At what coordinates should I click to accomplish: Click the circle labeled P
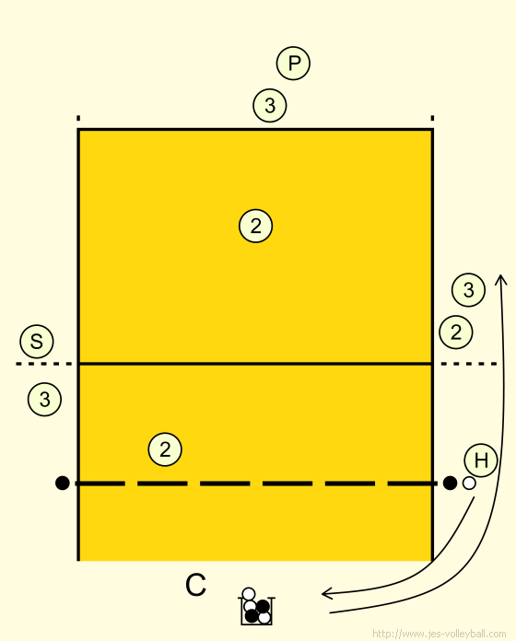point(293,64)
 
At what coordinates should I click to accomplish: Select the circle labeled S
point(37,342)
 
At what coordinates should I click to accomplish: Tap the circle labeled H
point(481,460)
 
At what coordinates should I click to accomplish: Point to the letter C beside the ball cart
point(195,585)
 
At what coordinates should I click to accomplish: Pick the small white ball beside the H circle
point(469,484)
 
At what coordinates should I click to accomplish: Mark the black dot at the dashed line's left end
point(62,484)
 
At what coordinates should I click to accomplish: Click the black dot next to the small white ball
point(450,483)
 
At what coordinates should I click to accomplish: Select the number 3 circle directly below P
point(269,105)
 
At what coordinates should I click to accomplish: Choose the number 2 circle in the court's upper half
point(255,226)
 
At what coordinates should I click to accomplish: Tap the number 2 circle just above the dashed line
point(165,449)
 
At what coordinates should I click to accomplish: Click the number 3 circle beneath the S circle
point(44,399)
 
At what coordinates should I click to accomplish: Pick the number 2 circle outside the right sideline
point(456,332)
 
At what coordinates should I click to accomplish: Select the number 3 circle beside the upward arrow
point(468,290)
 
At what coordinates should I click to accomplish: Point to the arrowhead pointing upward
point(500,279)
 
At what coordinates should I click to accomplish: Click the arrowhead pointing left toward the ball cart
point(326,593)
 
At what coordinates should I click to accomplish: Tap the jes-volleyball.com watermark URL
point(439,634)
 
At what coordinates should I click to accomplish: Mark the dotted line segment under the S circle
point(43,364)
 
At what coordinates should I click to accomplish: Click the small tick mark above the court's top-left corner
point(78,119)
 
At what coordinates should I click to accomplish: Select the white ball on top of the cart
point(249,594)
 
